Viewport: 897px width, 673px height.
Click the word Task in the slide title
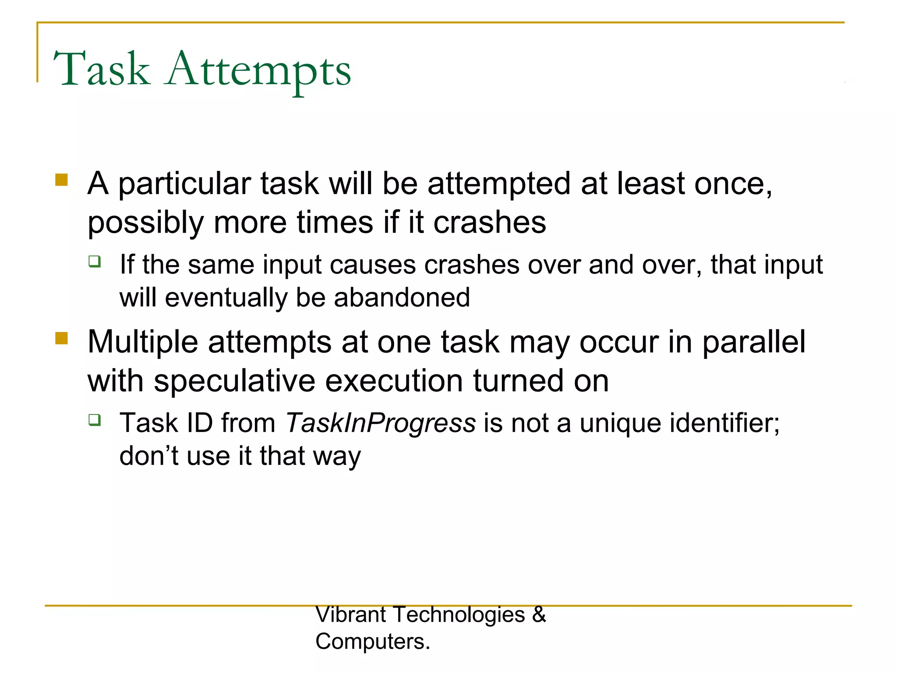[x=102, y=69]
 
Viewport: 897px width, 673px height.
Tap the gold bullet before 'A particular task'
[x=62, y=180]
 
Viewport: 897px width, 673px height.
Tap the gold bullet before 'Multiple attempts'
[x=62, y=338]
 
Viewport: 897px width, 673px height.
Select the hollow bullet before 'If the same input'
[x=95, y=262]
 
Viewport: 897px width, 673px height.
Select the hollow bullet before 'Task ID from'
[x=95, y=420]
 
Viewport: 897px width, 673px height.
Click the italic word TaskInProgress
[x=380, y=423]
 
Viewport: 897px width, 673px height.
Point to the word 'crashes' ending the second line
[x=489, y=222]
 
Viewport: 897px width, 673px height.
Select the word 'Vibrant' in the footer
[x=350, y=615]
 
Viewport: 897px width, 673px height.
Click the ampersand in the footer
[x=539, y=615]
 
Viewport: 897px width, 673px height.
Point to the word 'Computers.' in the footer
[x=373, y=641]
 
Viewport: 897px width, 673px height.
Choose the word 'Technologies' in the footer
[x=459, y=615]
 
